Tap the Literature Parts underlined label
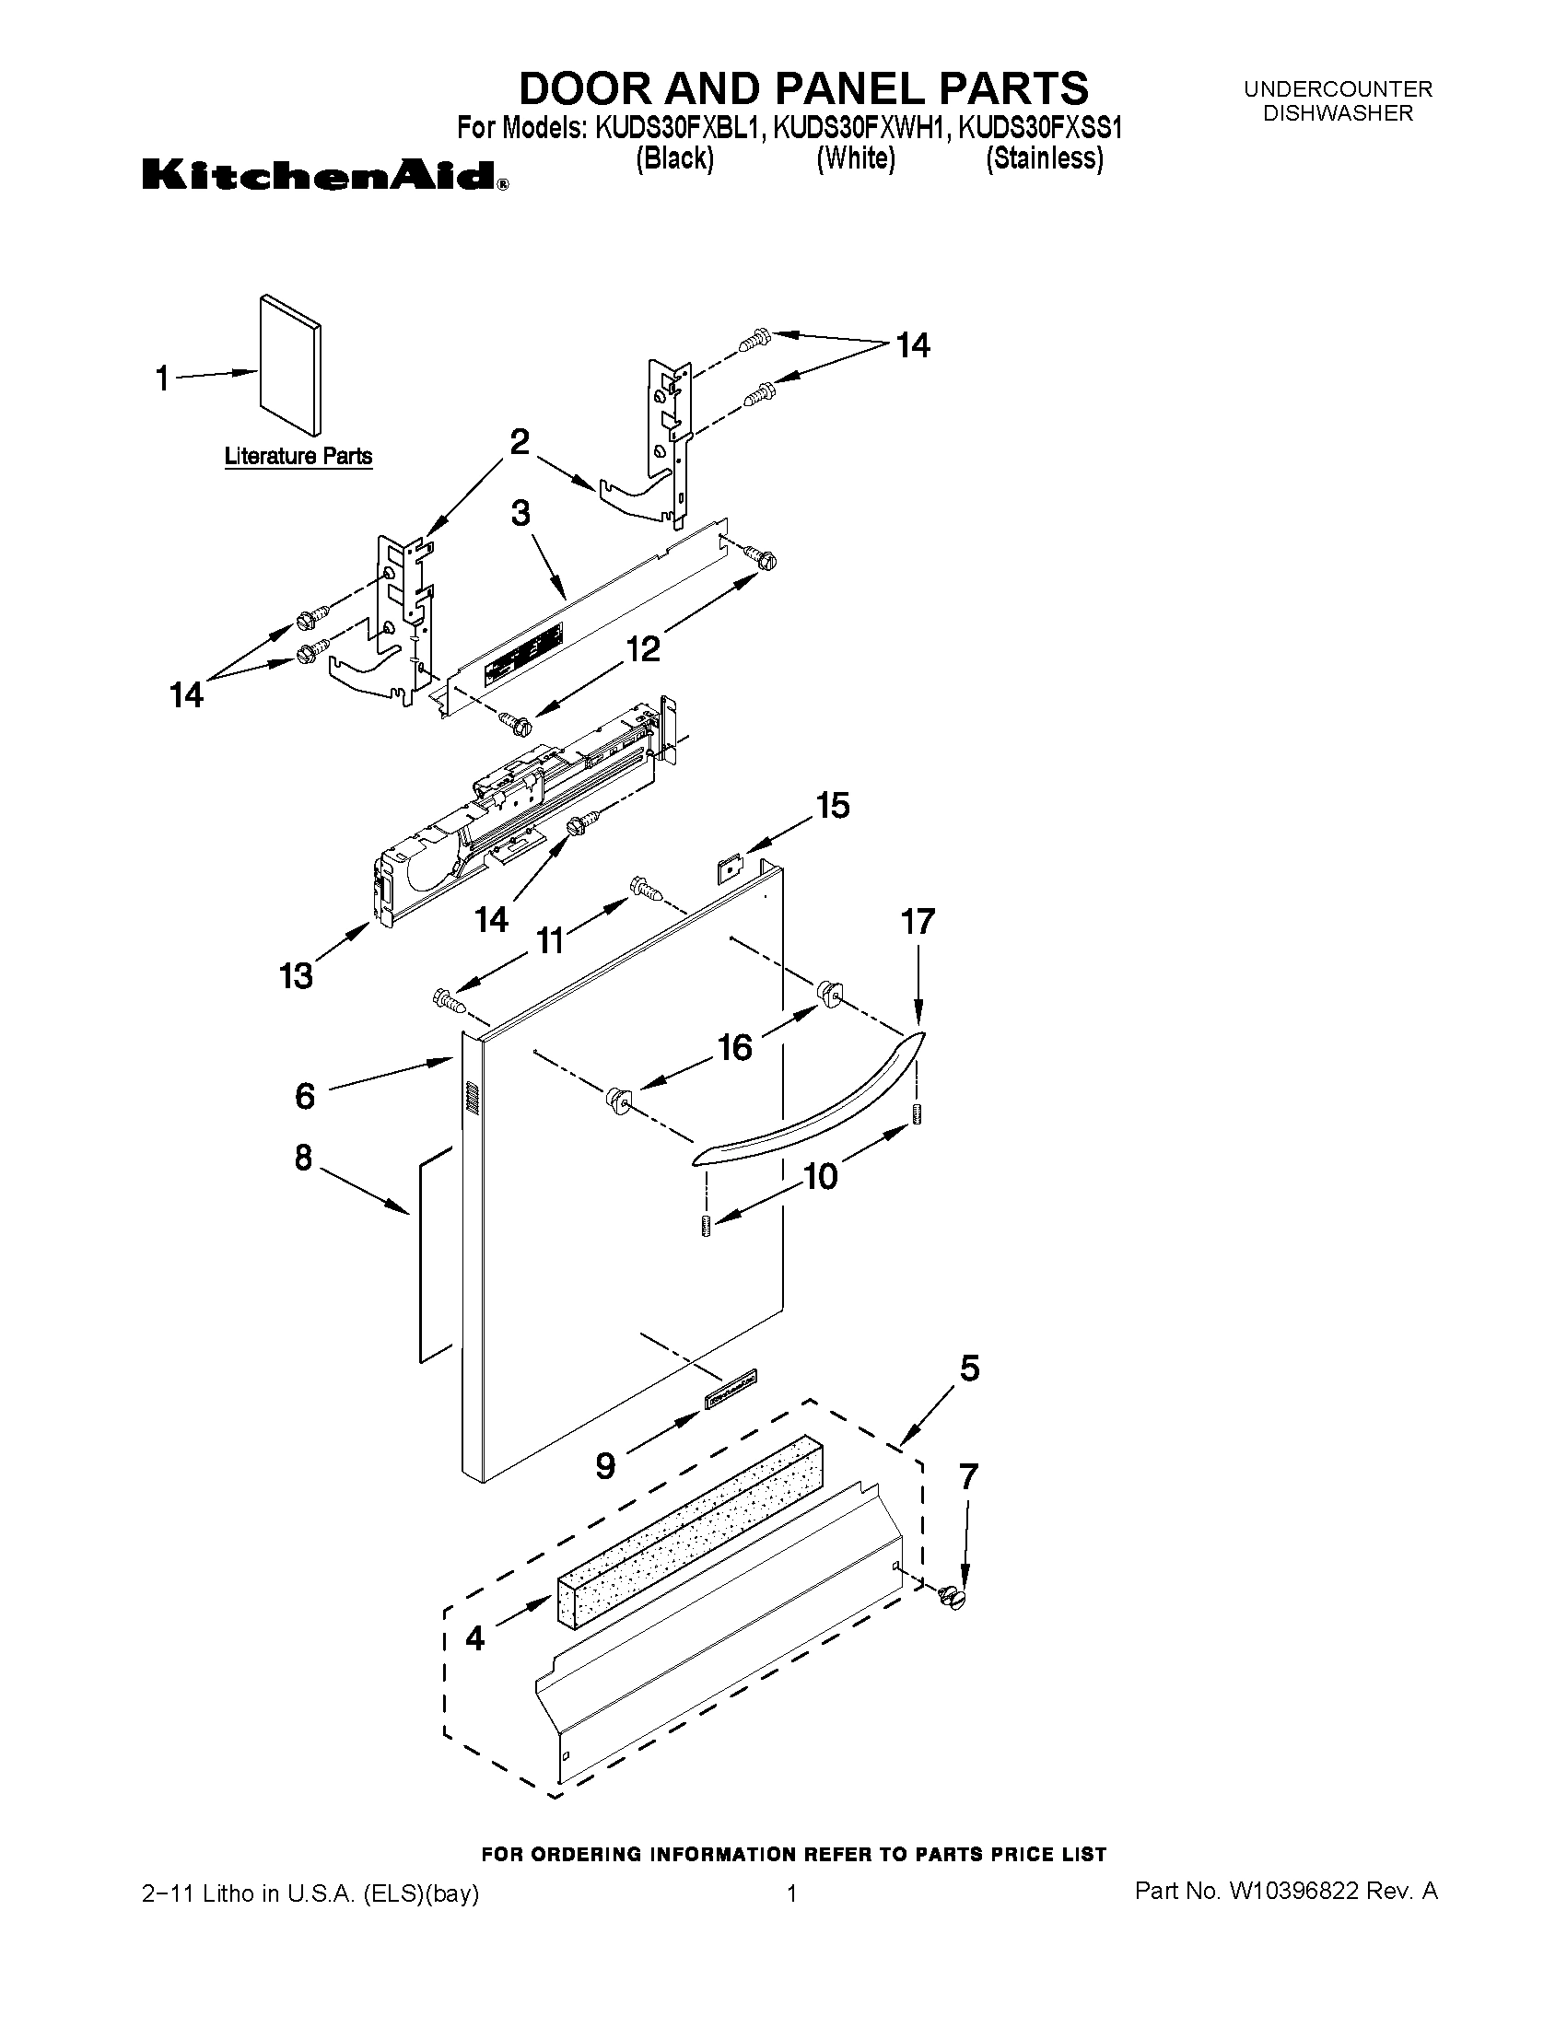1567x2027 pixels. (x=298, y=457)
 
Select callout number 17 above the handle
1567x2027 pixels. (x=918, y=922)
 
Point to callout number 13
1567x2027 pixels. (x=296, y=975)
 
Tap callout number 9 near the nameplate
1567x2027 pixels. (x=604, y=1465)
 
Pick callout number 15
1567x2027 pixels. (x=833, y=805)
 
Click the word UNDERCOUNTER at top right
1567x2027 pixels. (x=1338, y=89)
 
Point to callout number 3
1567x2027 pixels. (x=520, y=512)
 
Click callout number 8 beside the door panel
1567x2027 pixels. (x=304, y=1158)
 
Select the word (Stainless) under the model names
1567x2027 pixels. (x=1045, y=158)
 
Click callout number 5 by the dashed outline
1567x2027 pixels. (x=969, y=1368)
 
